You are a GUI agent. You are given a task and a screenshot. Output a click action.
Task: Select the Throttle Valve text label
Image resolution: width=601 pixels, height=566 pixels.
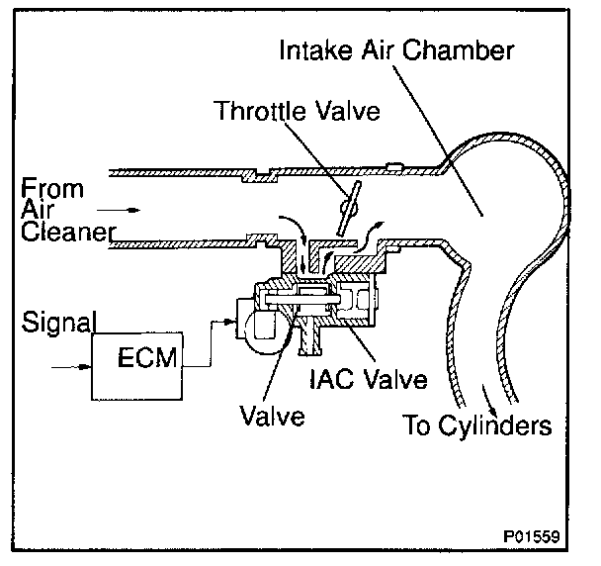(298, 111)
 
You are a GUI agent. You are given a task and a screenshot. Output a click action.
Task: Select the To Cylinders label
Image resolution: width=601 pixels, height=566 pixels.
(476, 427)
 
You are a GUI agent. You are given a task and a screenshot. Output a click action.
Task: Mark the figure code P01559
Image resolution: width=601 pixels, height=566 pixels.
(532, 537)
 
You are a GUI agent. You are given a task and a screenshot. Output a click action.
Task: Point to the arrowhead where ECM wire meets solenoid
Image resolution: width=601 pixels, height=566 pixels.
(230, 324)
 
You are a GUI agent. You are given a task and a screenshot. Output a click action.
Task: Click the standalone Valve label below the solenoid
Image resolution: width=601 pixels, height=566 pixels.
(270, 416)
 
